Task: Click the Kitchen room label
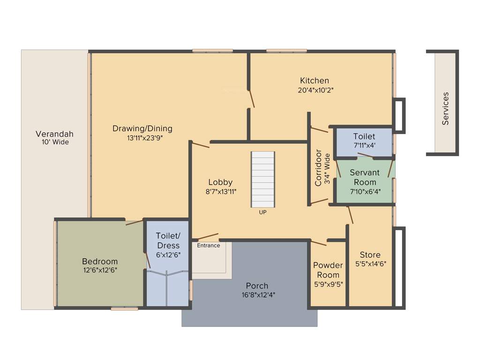(315, 81)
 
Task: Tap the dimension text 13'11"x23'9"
(142, 138)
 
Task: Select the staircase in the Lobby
(263, 179)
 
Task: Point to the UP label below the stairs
(262, 212)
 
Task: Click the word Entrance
(208, 245)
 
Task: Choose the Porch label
(257, 285)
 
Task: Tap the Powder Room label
(328, 270)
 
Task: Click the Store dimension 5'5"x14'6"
(370, 264)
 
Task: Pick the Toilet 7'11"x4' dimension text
(364, 145)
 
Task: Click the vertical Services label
(445, 108)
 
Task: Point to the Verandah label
(54, 134)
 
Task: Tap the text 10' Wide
(54, 142)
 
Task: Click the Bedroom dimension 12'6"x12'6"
(100, 270)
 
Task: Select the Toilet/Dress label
(168, 241)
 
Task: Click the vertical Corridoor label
(318, 168)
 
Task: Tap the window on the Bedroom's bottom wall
(124, 308)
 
